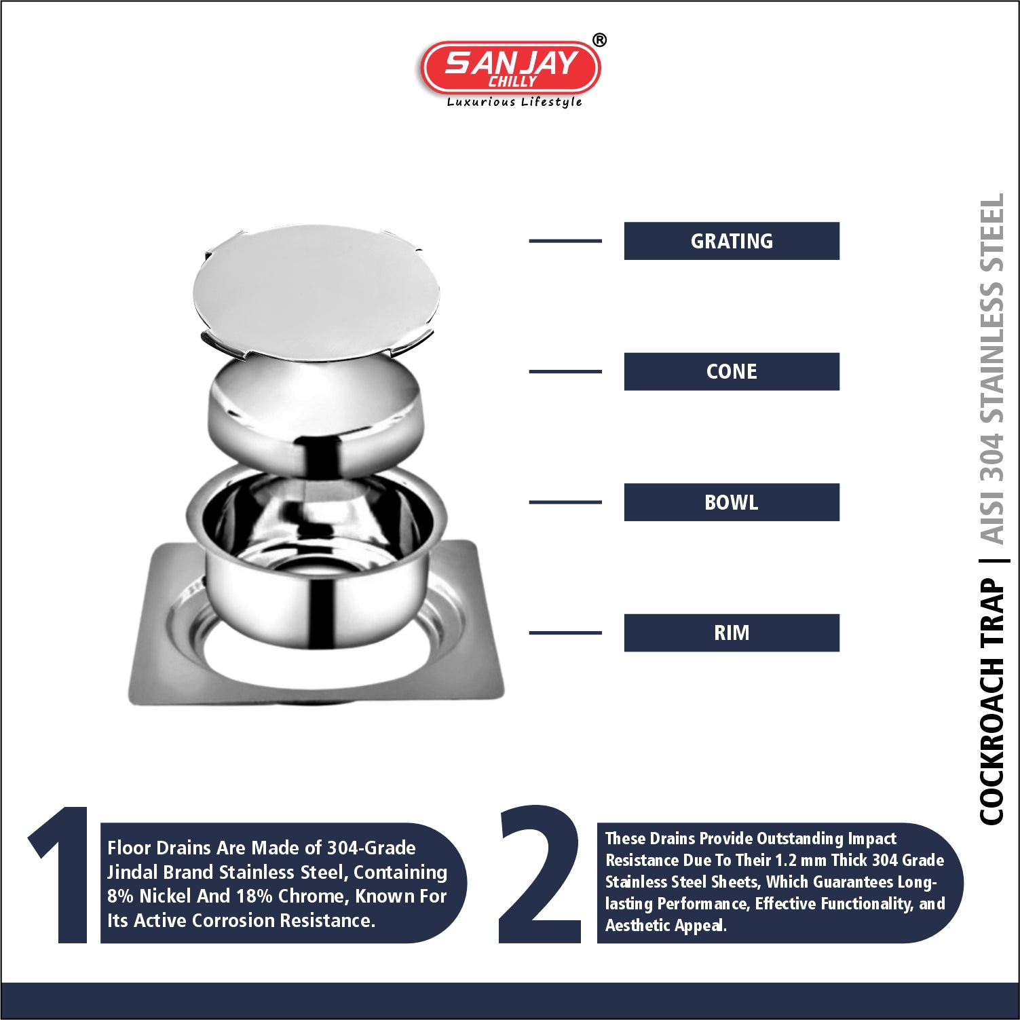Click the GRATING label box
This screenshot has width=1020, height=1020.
[732, 241]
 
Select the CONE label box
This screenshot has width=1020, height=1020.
[732, 371]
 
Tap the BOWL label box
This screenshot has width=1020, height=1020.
[732, 502]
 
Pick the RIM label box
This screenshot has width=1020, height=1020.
[732, 632]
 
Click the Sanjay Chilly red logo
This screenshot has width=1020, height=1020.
[510, 68]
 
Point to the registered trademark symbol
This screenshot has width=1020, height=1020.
[599, 40]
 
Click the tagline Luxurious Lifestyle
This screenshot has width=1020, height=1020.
[514, 102]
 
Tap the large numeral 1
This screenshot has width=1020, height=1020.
[61, 875]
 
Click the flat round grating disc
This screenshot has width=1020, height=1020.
[316, 292]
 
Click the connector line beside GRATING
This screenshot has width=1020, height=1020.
[565, 241]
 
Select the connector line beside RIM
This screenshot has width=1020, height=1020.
[565, 632]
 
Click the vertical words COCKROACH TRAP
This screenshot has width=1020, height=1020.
[991, 701]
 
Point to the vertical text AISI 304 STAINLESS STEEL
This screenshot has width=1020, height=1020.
[991, 369]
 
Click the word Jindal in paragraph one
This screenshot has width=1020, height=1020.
[132, 872]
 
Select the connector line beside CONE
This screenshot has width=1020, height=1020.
[565, 371]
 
